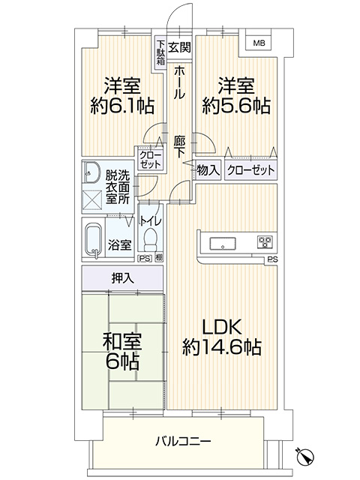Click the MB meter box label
(x=259, y=43)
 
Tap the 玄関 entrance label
(x=179, y=47)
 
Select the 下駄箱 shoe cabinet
(x=160, y=52)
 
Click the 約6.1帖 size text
(x=121, y=106)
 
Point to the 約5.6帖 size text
(x=236, y=106)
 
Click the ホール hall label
(x=179, y=83)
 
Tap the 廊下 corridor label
(x=179, y=147)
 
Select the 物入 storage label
(x=208, y=170)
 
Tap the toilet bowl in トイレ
(x=150, y=240)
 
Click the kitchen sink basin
(x=223, y=244)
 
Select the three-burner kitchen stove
(x=265, y=242)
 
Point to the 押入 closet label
(x=122, y=278)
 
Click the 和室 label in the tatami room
(x=122, y=341)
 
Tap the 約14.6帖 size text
(x=222, y=347)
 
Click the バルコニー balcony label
(x=183, y=442)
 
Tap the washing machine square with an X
(x=92, y=199)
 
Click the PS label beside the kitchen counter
(x=272, y=260)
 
